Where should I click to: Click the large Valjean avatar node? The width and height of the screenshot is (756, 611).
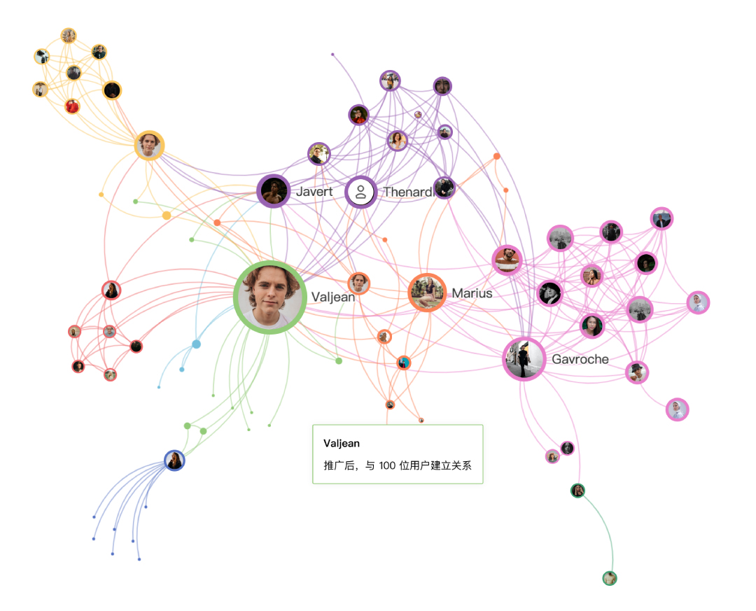pyautogui.click(x=269, y=297)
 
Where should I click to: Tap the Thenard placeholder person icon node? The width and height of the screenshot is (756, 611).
pyautogui.click(x=361, y=192)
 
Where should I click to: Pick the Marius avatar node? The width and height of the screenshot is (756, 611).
pyautogui.click(x=427, y=292)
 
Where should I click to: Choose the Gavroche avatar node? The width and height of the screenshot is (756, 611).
pyautogui.click(x=524, y=359)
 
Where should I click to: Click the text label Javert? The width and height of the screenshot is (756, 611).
pyautogui.click(x=314, y=192)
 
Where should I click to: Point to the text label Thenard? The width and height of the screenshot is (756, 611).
pyautogui.click(x=407, y=192)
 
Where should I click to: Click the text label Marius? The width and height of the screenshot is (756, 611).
pyautogui.click(x=472, y=293)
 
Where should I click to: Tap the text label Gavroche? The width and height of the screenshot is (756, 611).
pyautogui.click(x=580, y=359)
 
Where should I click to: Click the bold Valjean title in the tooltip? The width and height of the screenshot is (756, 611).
pyautogui.click(x=341, y=444)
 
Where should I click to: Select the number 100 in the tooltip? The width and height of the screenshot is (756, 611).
pyautogui.click(x=388, y=465)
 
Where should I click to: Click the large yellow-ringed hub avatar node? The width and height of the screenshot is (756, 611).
pyautogui.click(x=149, y=146)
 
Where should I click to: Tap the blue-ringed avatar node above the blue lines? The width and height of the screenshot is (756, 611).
pyautogui.click(x=174, y=460)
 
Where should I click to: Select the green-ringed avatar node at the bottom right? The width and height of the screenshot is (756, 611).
pyautogui.click(x=610, y=578)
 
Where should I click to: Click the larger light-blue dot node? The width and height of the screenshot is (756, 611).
pyautogui.click(x=196, y=344)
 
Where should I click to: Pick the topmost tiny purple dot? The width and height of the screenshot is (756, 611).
pyautogui.click(x=332, y=54)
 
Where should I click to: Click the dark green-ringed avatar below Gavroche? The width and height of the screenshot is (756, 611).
pyautogui.click(x=577, y=490)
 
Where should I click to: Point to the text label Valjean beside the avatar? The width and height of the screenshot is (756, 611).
pyautogui.click(x=333, y=297)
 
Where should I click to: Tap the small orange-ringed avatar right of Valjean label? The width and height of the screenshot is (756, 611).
pyautogui.click(x=359, y=283)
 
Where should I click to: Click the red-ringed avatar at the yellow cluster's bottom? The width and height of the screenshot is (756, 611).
pyautogui.click(x=72, y=106)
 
